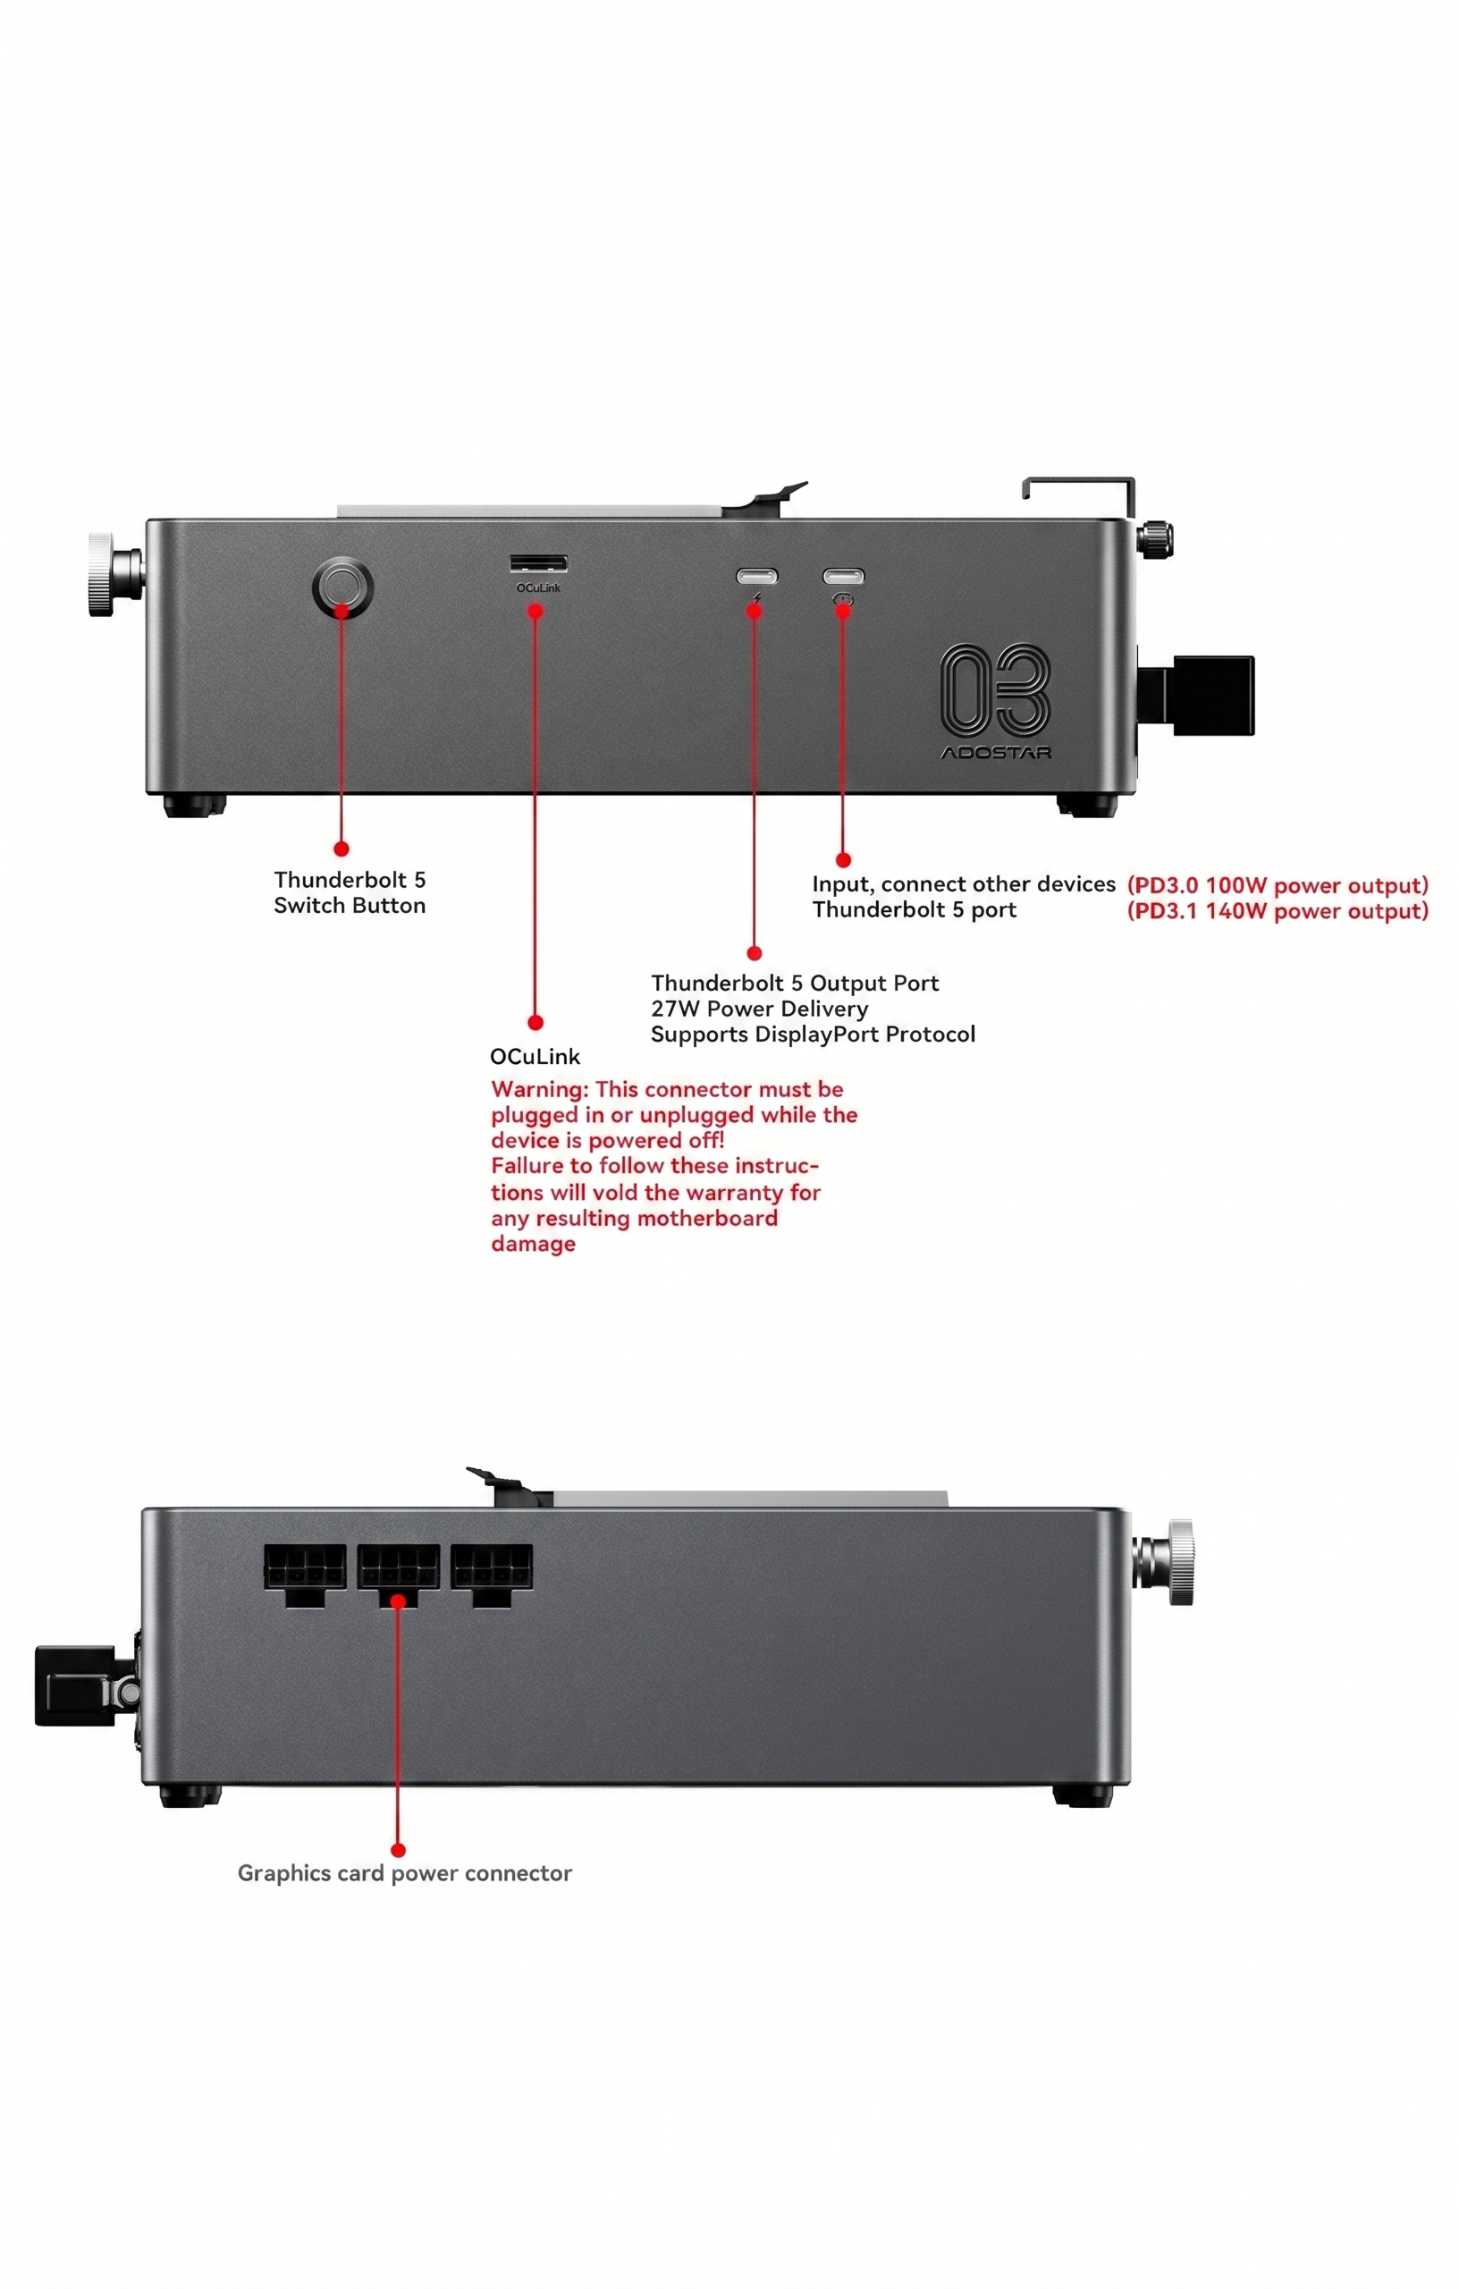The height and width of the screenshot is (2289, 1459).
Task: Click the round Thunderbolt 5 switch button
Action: (x=342, y=587)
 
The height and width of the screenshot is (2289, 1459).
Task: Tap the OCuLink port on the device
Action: (x=538, y=563)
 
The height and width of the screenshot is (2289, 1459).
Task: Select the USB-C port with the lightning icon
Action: (x=756, y=576)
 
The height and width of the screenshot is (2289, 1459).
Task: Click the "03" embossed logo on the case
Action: (x=995, y=689)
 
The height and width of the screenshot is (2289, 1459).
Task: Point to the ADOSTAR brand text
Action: (x=995, y=753)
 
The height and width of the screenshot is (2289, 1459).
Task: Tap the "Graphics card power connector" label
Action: (x=404, y=1872)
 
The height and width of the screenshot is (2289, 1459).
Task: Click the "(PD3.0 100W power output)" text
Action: (x=1277, y=885)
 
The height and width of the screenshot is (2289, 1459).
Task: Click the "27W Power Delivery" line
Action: (x=758, y=1009)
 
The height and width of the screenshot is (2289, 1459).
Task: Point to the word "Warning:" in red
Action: (x=539, y=1089)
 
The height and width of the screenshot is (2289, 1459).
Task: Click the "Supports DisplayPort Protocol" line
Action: (x=813, y=1035)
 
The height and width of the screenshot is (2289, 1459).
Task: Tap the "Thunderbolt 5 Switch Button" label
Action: (x=349, y=892)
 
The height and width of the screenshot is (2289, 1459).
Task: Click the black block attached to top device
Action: (x=1212, y=695)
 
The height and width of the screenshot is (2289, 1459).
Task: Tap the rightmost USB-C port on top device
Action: (x=843, y=576)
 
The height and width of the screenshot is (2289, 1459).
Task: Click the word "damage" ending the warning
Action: (x=532, y=1245)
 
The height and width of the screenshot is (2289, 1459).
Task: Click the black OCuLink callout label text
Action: (x=535, y=1056)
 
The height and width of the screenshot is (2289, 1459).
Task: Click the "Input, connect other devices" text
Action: (x=963, y=884)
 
